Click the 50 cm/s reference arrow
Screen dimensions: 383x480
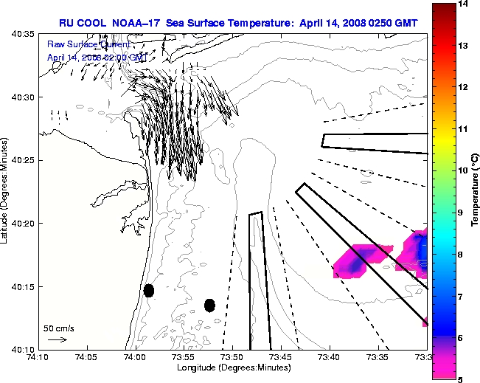57,339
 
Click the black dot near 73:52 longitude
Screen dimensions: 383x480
209,305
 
